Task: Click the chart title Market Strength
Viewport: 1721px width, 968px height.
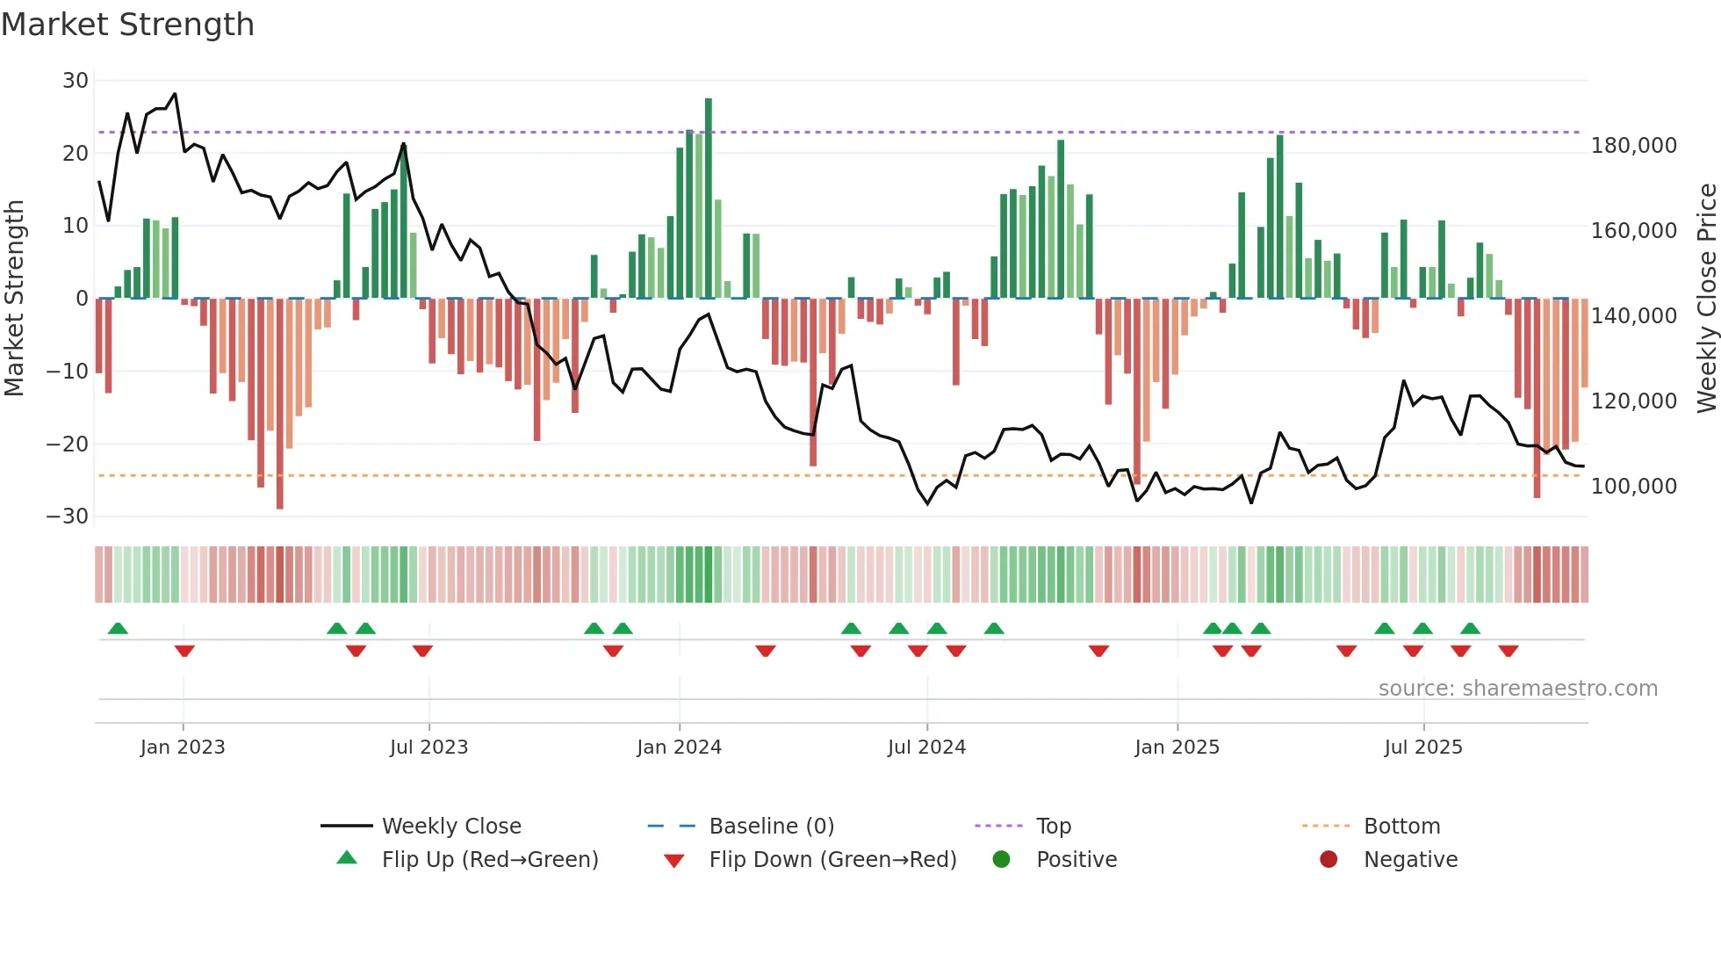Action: [x=127, y=25]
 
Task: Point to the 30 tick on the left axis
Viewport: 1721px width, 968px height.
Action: [x=76, y=81]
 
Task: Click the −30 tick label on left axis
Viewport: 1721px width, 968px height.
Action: [x=68, y=517]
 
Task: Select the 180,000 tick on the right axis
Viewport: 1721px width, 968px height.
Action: [x=1633, y=146]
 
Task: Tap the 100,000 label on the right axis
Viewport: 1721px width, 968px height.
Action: [x=1633, y=487]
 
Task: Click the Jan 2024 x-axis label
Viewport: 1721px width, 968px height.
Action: [x=679, y=748]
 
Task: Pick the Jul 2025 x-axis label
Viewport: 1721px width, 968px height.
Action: [x=1423, y=748]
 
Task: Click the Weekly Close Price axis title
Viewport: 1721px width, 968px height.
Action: [x=1706, y=299]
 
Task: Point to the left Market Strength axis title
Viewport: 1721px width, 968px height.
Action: [x=14, y=299]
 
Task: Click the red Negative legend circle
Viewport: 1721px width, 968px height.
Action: [x=1329, y=859]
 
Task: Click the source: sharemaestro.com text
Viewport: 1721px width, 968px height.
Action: [x=1517, y=689]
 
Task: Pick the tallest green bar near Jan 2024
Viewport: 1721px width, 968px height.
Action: [x=709, y=198]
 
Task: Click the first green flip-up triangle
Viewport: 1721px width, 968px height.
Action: [x=118, y=628]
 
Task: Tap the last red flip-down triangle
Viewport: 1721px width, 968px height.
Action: [x=1509, y=651]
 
